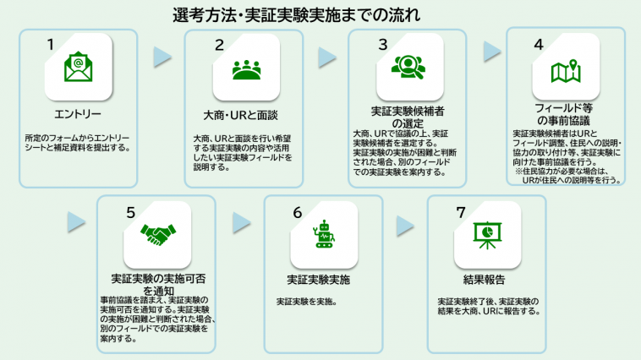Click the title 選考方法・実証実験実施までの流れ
(296, 15)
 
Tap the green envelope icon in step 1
(78, 67)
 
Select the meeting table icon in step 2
(246, 70)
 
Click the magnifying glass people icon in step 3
(408, 67)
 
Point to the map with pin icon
(566, 72)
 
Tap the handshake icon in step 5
(158, 234)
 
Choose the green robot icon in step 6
(324, 234)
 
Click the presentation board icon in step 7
(487, 235)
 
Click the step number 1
(51, 45)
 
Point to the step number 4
(539, 45)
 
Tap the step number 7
(461, 212)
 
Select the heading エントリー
(78, 114)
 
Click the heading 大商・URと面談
(240, 115)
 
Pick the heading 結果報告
(484, 280)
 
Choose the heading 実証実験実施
(319, 280)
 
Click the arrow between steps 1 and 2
(162, 57)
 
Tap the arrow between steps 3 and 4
(492, 52)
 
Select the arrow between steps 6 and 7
(405, 226)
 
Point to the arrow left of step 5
(76, 222)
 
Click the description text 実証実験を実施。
(307, 302)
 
